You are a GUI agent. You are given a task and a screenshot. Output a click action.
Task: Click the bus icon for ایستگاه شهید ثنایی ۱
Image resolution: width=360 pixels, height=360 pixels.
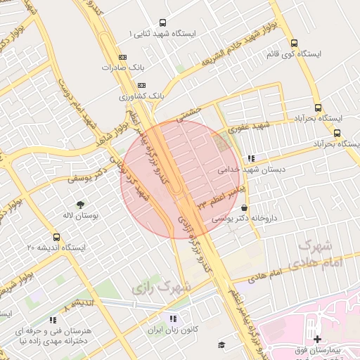coord(163,22)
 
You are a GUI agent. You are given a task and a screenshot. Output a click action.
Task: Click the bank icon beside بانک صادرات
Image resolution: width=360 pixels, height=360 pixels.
coord(123,57)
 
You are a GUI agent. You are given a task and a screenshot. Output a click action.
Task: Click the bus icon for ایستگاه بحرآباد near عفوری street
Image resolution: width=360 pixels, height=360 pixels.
coord(337,132)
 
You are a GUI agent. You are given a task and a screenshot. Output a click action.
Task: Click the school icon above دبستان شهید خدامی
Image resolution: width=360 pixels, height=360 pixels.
coord(251,157)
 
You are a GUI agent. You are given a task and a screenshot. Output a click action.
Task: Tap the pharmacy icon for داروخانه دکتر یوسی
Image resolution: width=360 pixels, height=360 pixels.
coord(244,208)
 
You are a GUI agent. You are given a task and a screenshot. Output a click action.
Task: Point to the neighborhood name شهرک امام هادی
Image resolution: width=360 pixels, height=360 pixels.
coord(320,253)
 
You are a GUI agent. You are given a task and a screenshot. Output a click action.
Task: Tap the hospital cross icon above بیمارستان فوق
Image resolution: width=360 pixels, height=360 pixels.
coord(317,339)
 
